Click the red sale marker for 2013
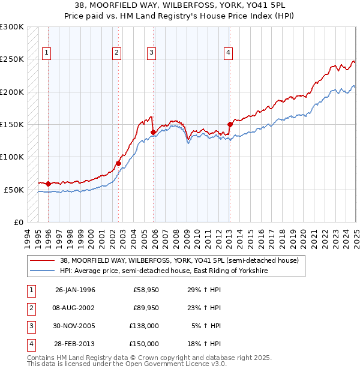tap(230, 125)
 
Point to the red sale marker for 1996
tap(48, 184)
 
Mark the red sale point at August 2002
tap(119, 163)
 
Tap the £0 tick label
tap(17, 222)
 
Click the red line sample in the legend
tap(42, 260)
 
